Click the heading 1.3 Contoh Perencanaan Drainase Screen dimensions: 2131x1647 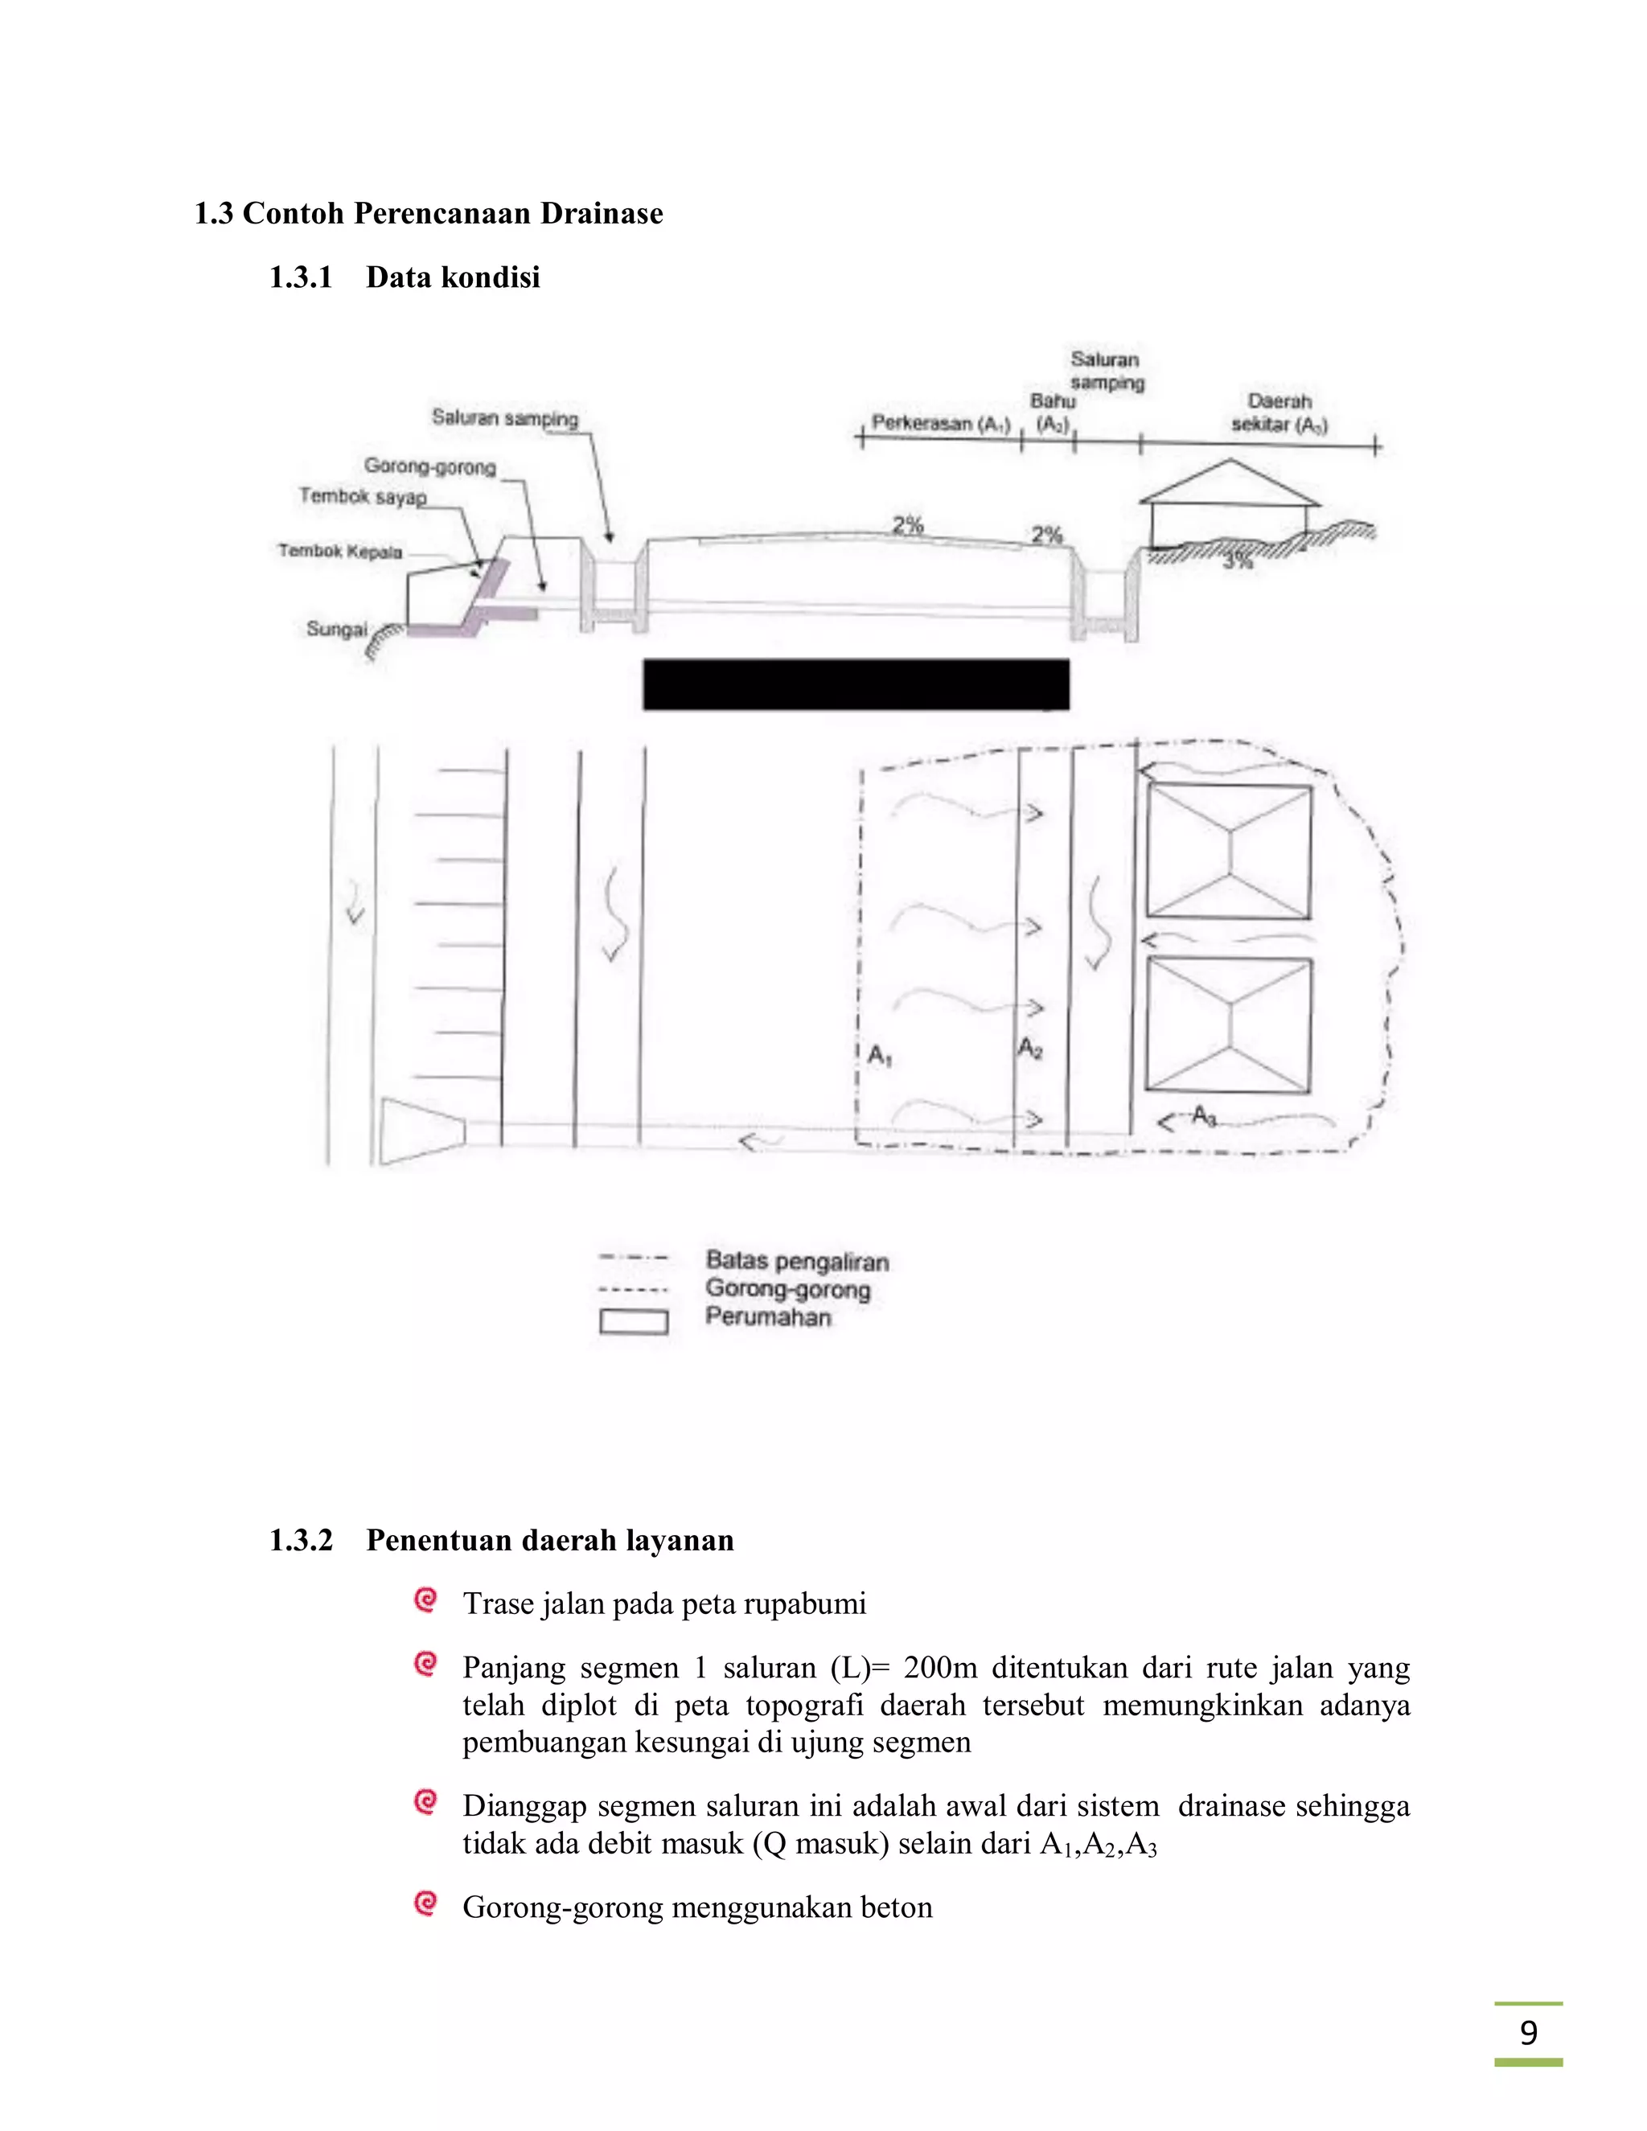pyautogui.click(x=429, y=214)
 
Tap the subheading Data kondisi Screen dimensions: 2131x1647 pyautogui.click(x=453, y=278)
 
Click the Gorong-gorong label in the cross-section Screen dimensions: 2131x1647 pyautogui.click(x=430, y=467)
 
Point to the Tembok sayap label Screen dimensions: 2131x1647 pyautogui.click(x=362, y=497)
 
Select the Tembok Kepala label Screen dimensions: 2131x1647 pyautogui.click(x=339, y=552)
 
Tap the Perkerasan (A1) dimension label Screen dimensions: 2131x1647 pyautogui.click(x=939, y=424)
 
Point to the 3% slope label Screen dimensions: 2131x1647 pyautogui.click(x=1237, y=562)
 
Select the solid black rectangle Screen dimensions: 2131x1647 pyautogui.click(x=856, y=684)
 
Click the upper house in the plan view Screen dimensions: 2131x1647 pyautogui.click(x=1229, y=851)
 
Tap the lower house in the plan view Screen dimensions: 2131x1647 pyautogui.click(x=1229, y=1024)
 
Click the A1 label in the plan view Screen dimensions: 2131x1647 pyautogui.click(x=880, y=1056)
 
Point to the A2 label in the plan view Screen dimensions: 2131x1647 pyautogui.click(x=1030, y=1049)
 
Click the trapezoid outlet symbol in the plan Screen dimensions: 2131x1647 pyautogui.click(x=421, y=1132)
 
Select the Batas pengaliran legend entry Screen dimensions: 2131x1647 pyautogui.click(x=797, y=1261)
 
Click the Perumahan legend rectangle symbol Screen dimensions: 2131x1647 pyautogui.click(x=633, y=1322)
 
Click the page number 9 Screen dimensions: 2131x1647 pyautogui.click(x=1528, y=2032)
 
